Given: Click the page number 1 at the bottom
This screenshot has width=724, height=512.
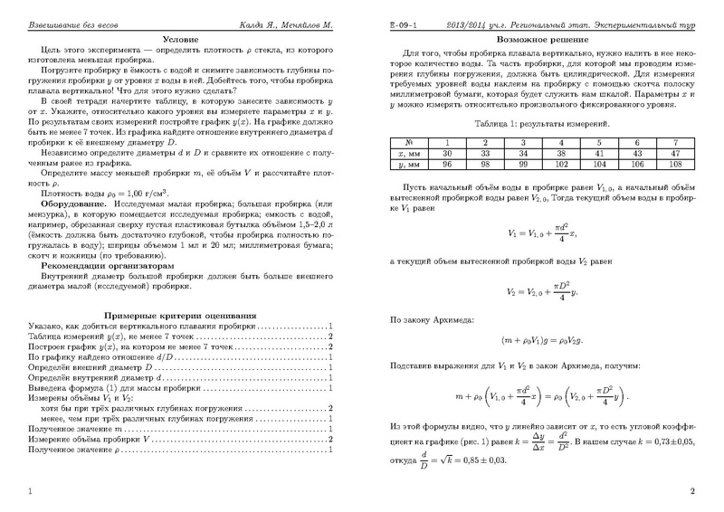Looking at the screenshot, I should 32,492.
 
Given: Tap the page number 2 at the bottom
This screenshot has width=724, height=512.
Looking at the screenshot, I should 691,492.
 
